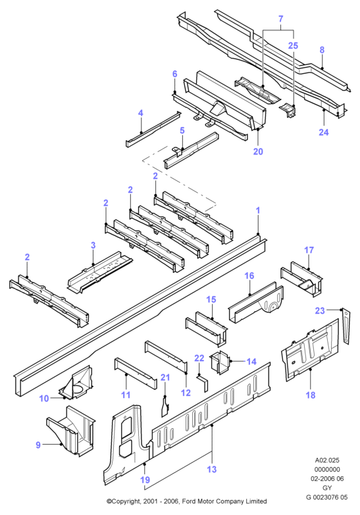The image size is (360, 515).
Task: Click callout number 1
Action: tap(258, 210)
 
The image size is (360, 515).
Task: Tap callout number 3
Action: tap(93, 245)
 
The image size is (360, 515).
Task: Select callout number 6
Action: tap(174, 74)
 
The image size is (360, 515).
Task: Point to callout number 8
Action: tap(322, 49)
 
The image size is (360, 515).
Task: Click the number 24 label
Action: tap(324, 132)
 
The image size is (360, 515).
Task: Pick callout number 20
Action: tap(258, 151)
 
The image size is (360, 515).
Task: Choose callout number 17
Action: tap(309, 251)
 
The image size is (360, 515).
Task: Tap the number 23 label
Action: tap(320, 310)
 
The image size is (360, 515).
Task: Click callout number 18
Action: tap(311, 395)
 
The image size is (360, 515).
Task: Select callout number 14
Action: tap(251, 362)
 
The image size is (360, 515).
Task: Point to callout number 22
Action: tap(199, 358)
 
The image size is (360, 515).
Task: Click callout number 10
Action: tap(43, 399)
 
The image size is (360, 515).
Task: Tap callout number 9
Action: tap(38, 445)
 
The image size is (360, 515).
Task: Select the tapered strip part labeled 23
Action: tap(346, 326)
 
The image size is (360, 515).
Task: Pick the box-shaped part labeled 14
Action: tap(220, 362)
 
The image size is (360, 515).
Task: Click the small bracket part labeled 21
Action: tap(165, 406)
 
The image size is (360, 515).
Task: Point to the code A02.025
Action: tap(327, 460)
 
